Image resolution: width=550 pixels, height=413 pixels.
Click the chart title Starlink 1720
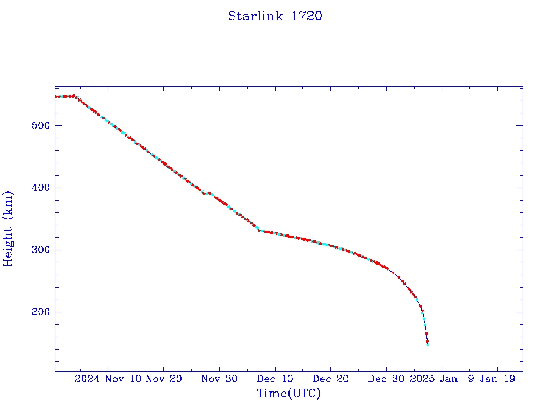275,16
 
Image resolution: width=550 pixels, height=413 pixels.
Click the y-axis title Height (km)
8,229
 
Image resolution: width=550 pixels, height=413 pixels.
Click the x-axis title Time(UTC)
289,394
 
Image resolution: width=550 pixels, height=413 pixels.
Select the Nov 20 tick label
164,379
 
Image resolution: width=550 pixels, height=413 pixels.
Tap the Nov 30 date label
219,379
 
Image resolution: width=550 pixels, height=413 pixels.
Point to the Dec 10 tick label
275,379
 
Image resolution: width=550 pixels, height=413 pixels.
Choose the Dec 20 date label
330,379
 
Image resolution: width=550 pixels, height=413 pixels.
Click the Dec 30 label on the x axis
386,379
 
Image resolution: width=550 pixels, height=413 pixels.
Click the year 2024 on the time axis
87,379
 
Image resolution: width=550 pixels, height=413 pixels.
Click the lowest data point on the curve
428,344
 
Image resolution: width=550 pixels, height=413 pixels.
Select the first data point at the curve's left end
56,96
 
